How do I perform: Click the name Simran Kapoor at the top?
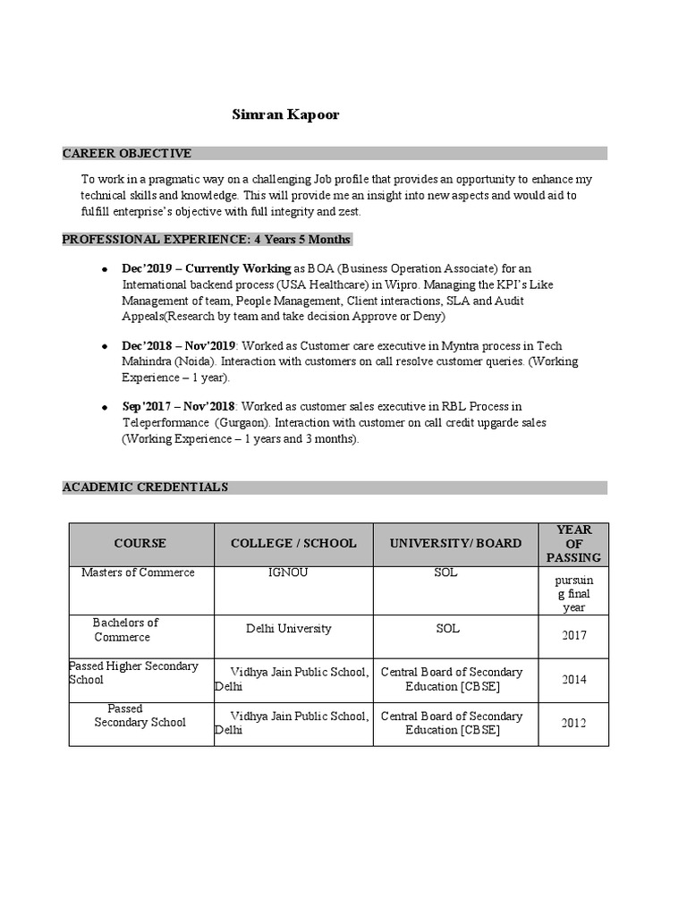[x=273, y=115]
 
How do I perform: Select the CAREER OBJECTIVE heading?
[x=126, y=154]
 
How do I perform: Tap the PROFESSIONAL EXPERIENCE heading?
[x=206, y=240]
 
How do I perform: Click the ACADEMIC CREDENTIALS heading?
[x=145, y=488]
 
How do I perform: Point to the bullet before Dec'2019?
[x=105, y=269]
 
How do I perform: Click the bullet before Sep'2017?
[x=105, y=408]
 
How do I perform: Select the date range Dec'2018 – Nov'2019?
[x=178, y=346]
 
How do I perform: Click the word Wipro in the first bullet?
[x=390, y=284]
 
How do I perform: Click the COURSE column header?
[x=140, y=544]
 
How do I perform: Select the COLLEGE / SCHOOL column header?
[x=293, y=544]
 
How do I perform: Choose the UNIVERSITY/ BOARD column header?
[x=454, y=544]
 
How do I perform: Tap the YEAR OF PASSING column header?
[x=573, y=544]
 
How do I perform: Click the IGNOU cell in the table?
[x=288, y=572]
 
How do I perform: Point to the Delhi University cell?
[x=288, y=629]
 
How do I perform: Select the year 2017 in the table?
[x=574, y=636]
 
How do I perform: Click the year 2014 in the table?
[x=574, y=680]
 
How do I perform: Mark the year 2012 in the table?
[x=574, y=724]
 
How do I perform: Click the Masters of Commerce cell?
[x=138, y=572]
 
